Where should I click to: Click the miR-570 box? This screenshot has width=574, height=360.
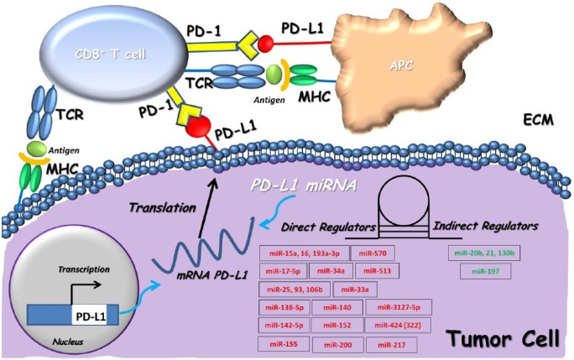click(372, 253)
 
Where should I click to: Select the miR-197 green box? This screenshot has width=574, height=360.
click(478, 272)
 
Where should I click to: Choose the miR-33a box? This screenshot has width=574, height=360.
click(355, 290)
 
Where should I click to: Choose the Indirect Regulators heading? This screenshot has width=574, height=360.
click(482, 227)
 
